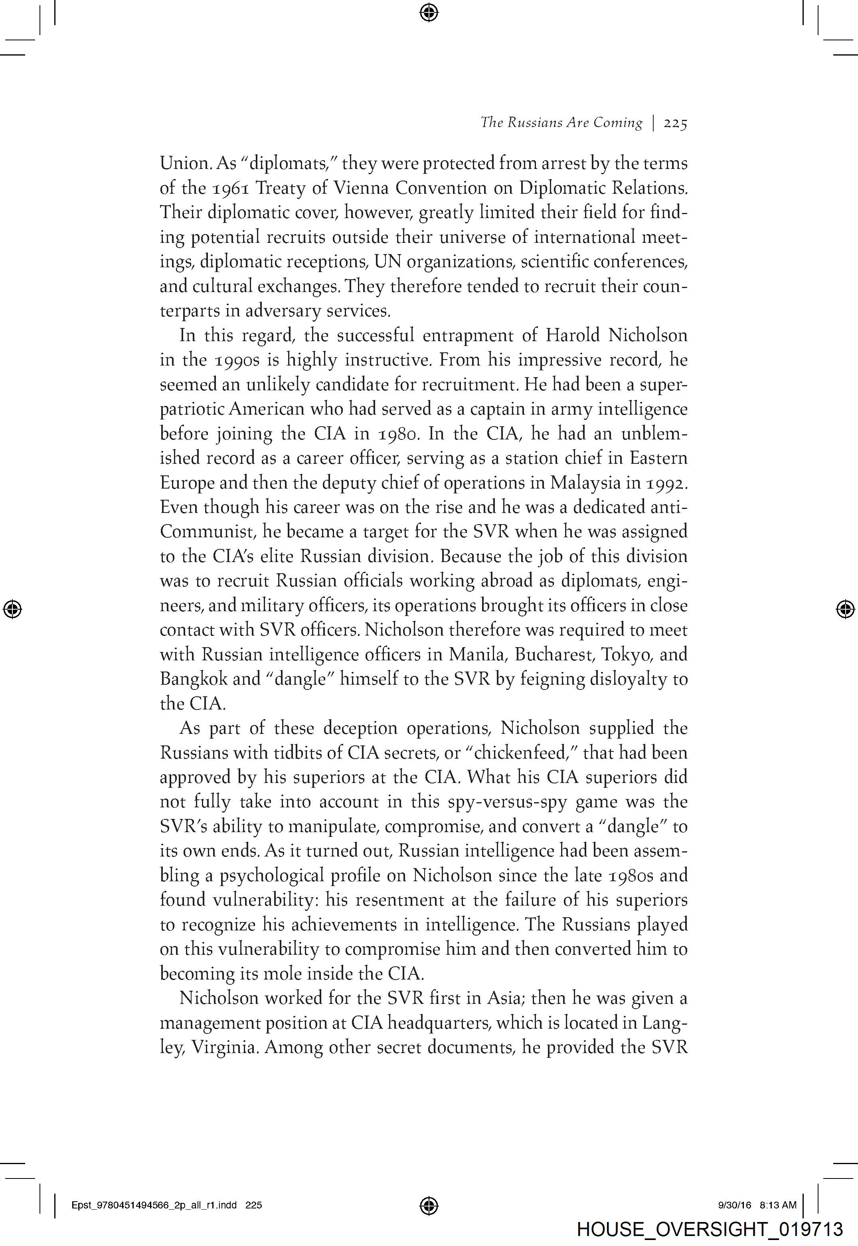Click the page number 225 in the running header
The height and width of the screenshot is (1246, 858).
[675, 123]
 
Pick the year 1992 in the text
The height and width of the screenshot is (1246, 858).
[666, 483]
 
